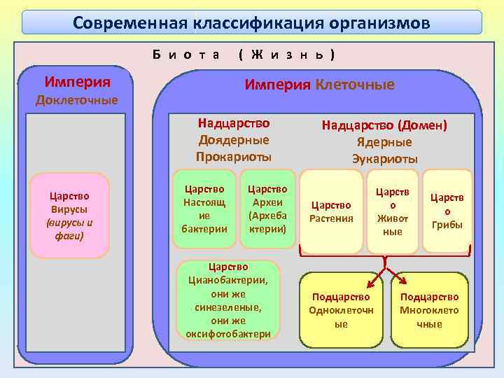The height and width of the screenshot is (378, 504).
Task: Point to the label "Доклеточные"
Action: [x=77, y=99]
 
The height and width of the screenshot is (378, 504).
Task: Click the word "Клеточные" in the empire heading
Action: [x=355, y=85]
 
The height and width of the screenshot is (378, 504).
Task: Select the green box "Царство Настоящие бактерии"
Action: [x=204, y=209]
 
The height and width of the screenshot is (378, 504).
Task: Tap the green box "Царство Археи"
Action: [x=267, y=209]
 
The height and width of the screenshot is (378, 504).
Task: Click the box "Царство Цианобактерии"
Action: [x=228, y=300]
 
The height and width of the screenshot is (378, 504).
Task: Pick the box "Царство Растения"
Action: [x=331, y=211]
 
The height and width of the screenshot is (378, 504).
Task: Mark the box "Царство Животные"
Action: [x=393, y=211]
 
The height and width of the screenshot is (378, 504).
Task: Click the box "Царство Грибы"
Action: [x=447, y=211]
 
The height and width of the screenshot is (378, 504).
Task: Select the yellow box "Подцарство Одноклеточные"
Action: [x=341, y=310]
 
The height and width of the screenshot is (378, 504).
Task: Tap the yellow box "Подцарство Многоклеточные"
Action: [x=429, y=310]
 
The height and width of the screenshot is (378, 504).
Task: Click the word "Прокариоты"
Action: [x=234, y=156]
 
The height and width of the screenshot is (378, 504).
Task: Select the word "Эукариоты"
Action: [x=384, y=158]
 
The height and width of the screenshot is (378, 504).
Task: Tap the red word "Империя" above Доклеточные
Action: [x=77, y=81]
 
